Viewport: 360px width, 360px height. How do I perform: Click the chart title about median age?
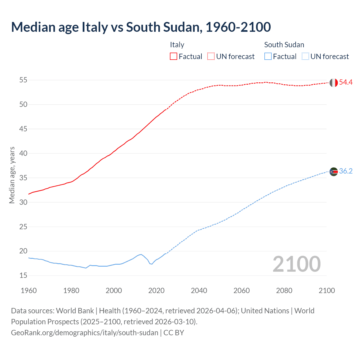click(141, 27)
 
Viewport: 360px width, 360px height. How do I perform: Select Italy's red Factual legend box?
click(174, 56)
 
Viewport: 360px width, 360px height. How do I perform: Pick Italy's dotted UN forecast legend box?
click(211, 56)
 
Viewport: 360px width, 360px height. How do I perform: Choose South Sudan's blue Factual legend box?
click(268, 56)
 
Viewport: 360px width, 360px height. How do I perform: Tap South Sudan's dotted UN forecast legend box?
click(305, 56)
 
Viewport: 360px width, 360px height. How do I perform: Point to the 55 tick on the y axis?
click(23, 80)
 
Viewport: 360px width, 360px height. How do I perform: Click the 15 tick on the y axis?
click(23, 276)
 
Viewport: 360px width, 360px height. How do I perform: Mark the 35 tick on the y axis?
click(23, 178)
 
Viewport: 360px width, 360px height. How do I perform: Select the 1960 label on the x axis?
click(29, 291)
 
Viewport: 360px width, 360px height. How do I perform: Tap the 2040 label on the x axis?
click(199, 291)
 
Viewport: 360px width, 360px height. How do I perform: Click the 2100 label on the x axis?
click(327, 291)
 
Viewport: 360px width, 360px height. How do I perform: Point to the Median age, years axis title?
click(12, 175)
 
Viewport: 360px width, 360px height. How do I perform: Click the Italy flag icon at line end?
click(334, 83)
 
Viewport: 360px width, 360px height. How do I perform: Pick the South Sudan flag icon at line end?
click(334, 172)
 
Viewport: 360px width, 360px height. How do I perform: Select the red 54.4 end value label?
click(346, 82)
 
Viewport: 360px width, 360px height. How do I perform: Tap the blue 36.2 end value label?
click(346, 171)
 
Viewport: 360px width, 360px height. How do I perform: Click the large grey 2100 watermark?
click(297, 264)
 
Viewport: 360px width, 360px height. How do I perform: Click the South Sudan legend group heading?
click(284, 45)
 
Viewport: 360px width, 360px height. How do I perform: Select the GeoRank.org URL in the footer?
click(84, 333)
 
